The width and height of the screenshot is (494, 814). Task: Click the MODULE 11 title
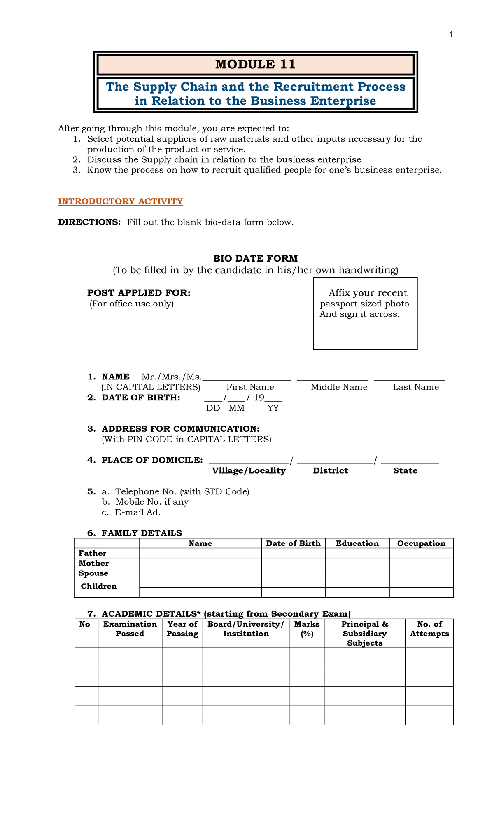point(255,64)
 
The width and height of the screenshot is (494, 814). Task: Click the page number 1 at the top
point(451,35)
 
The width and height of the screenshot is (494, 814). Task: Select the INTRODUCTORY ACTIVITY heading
point(120,201)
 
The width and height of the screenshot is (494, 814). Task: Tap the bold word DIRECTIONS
point(89,222)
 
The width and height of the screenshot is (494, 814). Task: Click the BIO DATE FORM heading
point(255,259)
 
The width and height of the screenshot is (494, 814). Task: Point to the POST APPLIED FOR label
point(139,293)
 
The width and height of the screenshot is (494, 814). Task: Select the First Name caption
point(250,387)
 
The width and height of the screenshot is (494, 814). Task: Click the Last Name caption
point(415,387)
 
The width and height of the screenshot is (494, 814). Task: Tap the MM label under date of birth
point(237,408)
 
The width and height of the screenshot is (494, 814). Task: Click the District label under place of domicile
point(330,471)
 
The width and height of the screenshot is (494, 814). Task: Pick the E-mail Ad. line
point(137,512)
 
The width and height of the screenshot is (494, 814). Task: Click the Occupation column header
point(421,543)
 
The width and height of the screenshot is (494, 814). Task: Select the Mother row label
point(94,563)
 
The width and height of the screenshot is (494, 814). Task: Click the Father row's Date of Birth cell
point(293,553)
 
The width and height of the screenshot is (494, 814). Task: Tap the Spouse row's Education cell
point(357,573)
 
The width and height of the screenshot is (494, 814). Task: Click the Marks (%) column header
point(307,629)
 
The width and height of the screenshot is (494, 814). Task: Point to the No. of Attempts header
point(429,629)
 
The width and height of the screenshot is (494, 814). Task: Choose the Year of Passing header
point(182,629)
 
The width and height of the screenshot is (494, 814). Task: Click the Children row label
point(99,586)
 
